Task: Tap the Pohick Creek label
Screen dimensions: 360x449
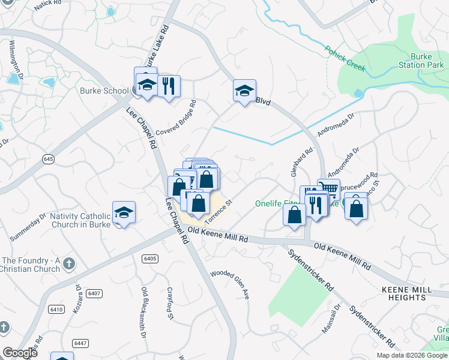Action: pyautogui.click(x=345, y=58)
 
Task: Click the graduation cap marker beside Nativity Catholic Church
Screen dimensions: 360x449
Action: pyautogui.click(x=124, y=212)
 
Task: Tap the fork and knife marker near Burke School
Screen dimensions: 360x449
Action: pyautogui.click(x=168, y=86)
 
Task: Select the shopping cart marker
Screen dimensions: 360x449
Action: pyautogui.click(x=328, y=189)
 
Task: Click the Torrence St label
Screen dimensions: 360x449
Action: pyautogui.click(x=218, y=211)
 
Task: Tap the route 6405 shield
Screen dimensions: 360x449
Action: pyautogui.click(x=150, y=259)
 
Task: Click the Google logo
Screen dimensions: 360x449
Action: pyautogui.click(x=20, y=353)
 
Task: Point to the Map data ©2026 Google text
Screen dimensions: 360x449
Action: pyautogui.click(x=411, y=355)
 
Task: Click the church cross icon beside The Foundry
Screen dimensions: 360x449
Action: pyautogui.click(x=69, y=263)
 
